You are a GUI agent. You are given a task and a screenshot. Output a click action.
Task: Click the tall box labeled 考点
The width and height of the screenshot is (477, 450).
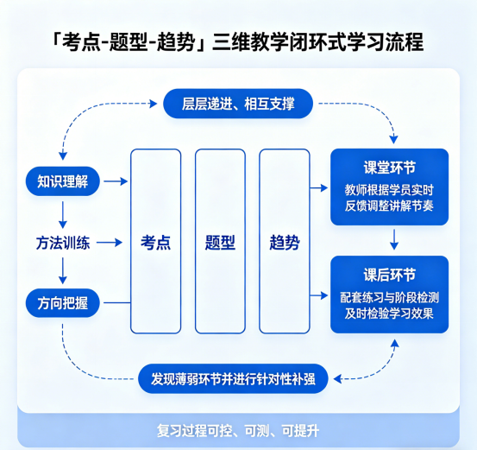156,242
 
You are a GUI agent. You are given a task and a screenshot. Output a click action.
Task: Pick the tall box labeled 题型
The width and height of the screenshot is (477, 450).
221,242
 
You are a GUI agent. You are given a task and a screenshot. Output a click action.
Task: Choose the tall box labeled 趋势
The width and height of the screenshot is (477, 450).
285,242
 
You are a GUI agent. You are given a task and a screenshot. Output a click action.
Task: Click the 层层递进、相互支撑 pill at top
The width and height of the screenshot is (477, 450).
238,105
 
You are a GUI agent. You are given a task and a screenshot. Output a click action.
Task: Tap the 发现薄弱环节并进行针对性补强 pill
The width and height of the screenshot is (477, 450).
233,378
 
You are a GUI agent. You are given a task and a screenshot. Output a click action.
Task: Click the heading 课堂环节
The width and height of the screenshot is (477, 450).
389,168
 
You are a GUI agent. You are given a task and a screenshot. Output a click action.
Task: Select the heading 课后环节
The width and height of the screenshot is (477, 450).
389,275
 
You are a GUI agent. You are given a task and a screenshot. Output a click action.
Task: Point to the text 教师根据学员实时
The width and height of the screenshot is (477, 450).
389,190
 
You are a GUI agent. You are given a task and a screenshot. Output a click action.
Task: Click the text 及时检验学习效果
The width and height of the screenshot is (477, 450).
389,314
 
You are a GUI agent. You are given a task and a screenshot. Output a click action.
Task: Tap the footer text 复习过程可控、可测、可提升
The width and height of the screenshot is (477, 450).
238,429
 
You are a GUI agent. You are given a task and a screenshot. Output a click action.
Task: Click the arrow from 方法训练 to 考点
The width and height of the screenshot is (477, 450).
109,244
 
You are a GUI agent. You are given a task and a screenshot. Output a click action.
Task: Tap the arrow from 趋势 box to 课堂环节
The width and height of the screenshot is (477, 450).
319,187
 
